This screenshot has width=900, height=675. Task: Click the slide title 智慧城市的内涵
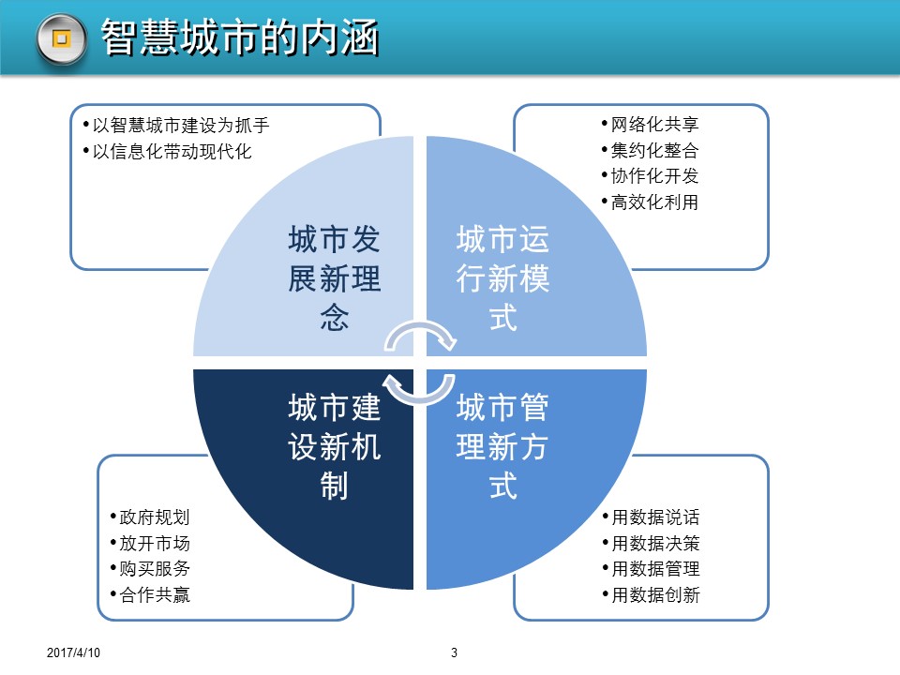tap(240, 37)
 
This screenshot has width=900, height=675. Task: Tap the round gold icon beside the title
tap(62, 39)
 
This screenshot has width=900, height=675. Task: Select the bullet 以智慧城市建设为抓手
tap(176, 125)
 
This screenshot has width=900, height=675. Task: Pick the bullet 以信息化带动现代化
tap(167, 152)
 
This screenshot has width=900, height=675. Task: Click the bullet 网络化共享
tap(650, 124)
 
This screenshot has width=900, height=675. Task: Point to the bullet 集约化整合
tap(650, 150)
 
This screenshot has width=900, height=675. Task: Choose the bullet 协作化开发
tap(650, 175)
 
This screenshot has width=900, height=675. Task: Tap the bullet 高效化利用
tap(650, 202)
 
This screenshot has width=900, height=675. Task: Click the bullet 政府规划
tap(150, 517)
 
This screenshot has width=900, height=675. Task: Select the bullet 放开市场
tap(150, 543)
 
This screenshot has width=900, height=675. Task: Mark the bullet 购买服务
tap(150, 569)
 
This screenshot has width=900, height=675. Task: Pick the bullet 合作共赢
tap(150, 594)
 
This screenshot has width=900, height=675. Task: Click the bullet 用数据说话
tap(651, 517)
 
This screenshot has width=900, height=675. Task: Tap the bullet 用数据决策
tap(651, 543)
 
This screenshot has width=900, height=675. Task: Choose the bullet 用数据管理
tap(651, 569)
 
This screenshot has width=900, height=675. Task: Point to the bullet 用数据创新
tap(651, 594)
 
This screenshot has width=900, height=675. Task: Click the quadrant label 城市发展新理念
tap(334, 278)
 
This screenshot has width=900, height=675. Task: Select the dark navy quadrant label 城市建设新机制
tap(334, 446)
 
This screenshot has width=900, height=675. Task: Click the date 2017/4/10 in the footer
tap(73, 652)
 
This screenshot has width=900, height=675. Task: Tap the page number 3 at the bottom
tap(454, 652)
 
